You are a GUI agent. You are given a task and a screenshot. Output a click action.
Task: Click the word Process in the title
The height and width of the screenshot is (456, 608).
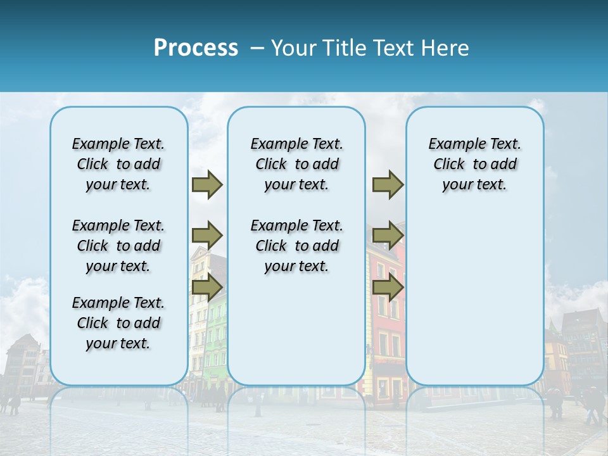(x=196, y=48)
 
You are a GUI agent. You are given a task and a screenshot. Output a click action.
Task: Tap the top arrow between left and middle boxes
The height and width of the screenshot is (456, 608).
(x=207, y=185)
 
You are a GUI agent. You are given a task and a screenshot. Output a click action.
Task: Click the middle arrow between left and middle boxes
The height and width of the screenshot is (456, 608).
(x=207, y=236)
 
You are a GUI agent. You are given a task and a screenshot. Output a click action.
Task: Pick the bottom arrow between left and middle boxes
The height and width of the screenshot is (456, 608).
(x=207, y=288)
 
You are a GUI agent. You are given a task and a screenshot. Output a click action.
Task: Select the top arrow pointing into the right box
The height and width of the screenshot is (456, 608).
(x=388, y=185)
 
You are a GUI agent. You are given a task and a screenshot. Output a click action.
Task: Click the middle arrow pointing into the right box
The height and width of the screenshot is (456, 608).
(x=388, y=236)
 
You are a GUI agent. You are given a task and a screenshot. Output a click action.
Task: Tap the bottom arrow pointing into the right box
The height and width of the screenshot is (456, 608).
(x=388, y=288)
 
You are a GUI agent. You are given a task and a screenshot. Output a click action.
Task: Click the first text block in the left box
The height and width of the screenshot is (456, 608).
(x=118, y=164)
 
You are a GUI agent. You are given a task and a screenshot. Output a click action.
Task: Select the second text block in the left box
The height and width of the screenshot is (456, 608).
(x=118, y=246)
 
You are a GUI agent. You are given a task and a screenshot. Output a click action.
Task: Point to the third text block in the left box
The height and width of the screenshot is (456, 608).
(x=118, y=323)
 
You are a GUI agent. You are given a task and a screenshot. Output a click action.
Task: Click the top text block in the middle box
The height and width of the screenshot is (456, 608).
(x=296, y=164)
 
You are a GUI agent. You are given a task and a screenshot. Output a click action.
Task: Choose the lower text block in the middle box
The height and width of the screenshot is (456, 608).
(x=296, y=246)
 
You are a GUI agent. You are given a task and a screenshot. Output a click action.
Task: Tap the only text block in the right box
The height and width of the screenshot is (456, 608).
(x=475, y=164)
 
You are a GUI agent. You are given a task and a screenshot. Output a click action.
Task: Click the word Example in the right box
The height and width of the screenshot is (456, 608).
(x=453, y=144)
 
